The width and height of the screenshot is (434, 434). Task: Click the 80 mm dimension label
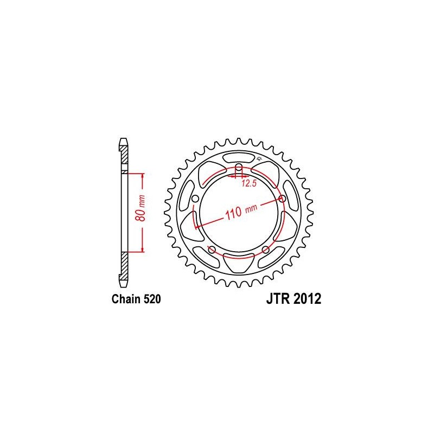click(141, 208)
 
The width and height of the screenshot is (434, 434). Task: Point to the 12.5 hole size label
click(249, 183)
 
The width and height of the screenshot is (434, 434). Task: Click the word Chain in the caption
click(126, 299)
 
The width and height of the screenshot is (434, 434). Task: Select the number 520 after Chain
click(152, 299)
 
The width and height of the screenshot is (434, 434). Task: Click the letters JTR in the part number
click(278, 299)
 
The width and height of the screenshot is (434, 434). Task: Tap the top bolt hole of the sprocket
click(239, 167)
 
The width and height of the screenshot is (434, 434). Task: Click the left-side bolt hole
click(195, 199)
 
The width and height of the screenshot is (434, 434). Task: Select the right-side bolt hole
click(282, 199)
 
